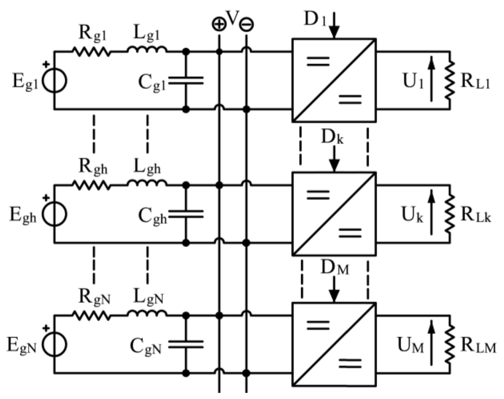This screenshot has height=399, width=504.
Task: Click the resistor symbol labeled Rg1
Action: [91, 51]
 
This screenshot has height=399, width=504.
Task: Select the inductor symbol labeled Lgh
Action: [147, 183]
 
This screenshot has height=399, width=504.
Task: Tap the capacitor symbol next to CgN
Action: [186, 344]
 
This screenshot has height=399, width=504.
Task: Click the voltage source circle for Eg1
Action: [55, 80]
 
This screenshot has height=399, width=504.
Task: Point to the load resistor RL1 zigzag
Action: [450, 80]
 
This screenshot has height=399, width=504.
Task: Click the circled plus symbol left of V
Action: [219, 24]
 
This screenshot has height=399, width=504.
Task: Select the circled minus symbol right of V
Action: [246, 25]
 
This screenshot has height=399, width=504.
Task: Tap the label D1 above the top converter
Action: [315, 19]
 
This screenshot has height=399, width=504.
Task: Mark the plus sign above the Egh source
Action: [46, 198]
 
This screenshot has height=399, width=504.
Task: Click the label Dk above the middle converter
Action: [332, 137]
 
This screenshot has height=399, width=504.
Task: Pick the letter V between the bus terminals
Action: [233, 18]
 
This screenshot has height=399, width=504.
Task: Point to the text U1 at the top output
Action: [413, 81]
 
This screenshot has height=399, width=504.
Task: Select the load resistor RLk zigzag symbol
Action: [450, 213]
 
